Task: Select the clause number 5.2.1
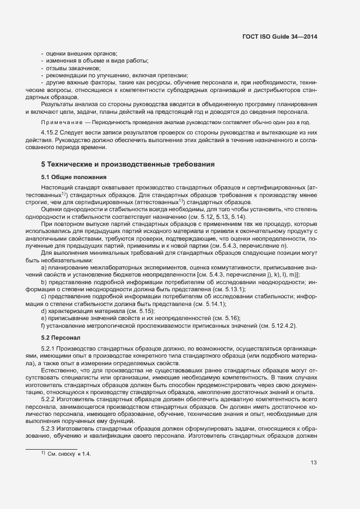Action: [x=49, y=348]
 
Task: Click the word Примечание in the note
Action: [x=62, y=122]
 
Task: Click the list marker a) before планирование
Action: [x=44, y=268]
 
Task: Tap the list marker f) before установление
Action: [x=43, y=326]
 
